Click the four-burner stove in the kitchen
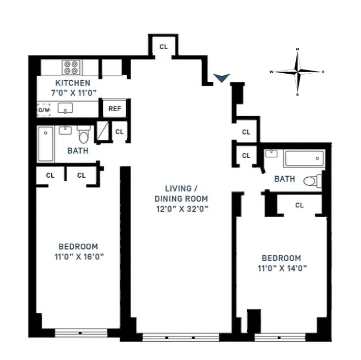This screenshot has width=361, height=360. tap(71, 68)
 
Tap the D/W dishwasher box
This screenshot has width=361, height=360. tap(44, 109)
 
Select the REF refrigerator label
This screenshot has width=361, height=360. tap(114, 109)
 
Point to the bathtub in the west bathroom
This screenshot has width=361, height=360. tap(45, 144)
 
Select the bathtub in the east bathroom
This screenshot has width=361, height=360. tap(303, 158)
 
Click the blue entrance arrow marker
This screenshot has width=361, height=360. tap(222, 77)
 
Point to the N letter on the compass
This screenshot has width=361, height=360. tap(298, 50)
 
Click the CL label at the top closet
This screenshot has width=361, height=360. tap(163, 47)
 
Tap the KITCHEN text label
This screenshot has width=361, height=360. tap(73, 83)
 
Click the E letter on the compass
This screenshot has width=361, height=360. tap(323, 72)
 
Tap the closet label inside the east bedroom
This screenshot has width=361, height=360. tap(299, 205)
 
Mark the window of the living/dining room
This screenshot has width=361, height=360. tap(180, 336)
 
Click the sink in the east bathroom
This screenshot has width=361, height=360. tap(271, 153)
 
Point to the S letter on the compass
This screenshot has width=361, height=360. tap(298, 94)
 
